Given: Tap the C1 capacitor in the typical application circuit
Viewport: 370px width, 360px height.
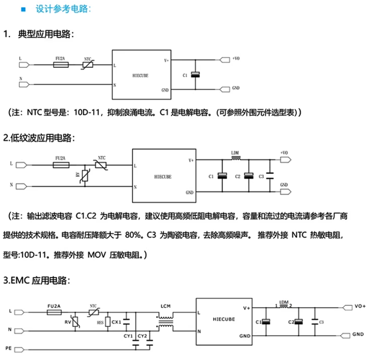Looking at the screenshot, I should (x=195, y=75).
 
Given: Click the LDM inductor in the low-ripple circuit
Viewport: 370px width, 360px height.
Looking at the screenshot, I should (x=235, y=160).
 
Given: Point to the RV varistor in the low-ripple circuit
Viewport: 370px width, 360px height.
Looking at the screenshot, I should (x=84, y=175).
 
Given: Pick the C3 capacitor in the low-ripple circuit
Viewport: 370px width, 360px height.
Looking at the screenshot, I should (x=269, y=176).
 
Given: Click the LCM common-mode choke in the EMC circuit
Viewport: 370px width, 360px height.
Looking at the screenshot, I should (x=166, y=322).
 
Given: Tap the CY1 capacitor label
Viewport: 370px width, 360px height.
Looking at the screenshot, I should (x=128, y=336).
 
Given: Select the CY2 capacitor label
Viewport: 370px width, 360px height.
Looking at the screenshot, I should (x=141, y=336).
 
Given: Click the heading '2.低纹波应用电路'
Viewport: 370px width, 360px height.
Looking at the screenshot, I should (x=39, y=138).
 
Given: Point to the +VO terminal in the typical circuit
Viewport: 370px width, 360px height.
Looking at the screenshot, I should (x=236, y=59).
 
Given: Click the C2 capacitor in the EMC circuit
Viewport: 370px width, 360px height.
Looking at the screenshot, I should (x=298, y=322).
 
